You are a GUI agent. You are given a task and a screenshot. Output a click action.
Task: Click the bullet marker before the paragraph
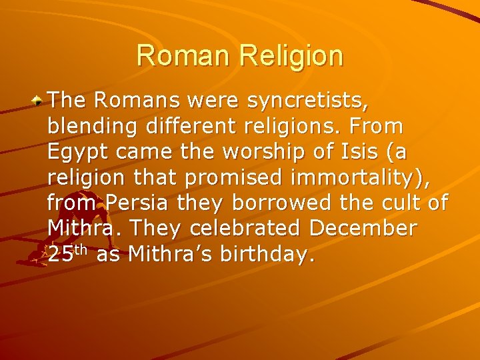39,101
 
